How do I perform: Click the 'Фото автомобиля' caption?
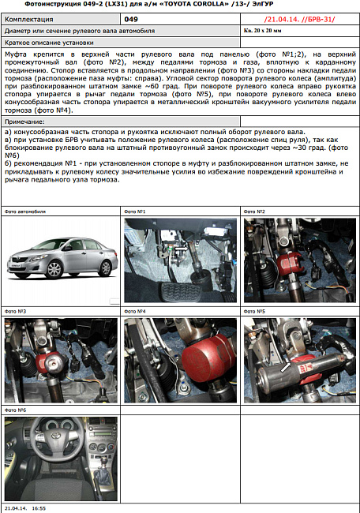tap(25, 212)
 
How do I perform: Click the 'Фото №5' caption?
tap(254, 311)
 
